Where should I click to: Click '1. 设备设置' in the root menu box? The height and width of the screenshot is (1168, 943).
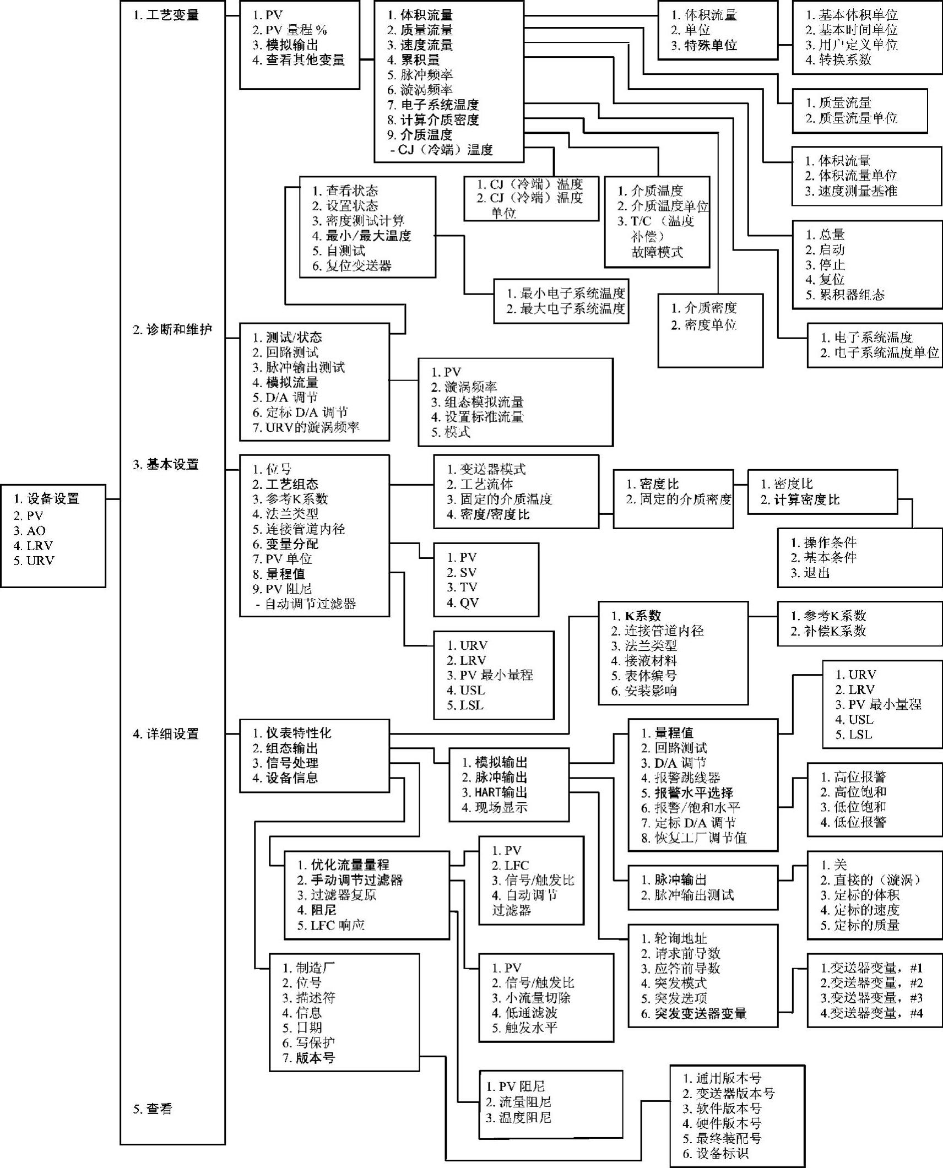coord(47,499)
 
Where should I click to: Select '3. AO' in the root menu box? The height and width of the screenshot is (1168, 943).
coord(30,531)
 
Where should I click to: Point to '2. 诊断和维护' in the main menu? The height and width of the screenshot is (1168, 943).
coord(172,330)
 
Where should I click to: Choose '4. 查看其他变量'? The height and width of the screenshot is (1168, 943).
coord(299,60)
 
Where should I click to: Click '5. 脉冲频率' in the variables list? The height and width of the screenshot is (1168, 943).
coord(420,75)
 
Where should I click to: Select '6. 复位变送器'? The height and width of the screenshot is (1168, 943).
coord(352,266)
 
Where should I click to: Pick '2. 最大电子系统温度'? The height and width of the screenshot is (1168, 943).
coord(566,309)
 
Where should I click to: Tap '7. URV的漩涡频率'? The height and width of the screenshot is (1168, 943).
coord(306,427)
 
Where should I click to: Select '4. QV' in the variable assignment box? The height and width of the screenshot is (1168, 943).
coord(463,602)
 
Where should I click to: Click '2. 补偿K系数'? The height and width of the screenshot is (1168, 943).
coord(828,631)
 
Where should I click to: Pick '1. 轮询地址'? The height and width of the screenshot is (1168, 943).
coord(674,938)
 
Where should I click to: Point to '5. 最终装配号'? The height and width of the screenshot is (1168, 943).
coord(723,1138)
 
